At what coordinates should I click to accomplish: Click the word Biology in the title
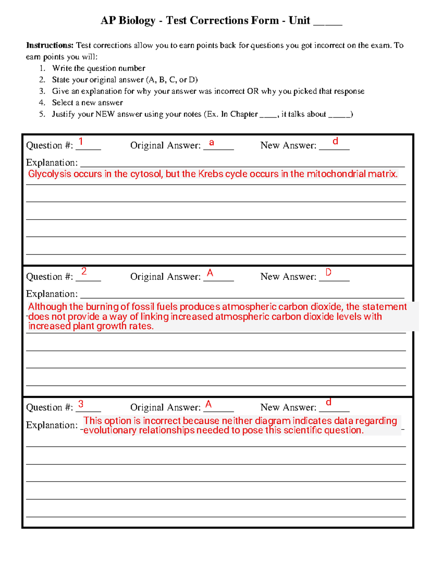137,21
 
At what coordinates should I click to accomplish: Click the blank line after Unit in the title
327,22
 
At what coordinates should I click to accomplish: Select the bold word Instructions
50,45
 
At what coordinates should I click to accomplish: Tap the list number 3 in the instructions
42,91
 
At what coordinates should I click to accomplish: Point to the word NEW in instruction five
105,114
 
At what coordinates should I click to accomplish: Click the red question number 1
81,142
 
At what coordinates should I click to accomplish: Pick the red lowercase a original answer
212,142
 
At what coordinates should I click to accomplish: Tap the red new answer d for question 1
335,141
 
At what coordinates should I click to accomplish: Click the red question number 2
84,271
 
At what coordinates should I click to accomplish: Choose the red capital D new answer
328,272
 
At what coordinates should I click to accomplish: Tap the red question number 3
81,404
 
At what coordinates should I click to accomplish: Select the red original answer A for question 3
209,404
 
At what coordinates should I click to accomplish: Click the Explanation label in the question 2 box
52,294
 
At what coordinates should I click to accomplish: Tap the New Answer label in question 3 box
288,407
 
